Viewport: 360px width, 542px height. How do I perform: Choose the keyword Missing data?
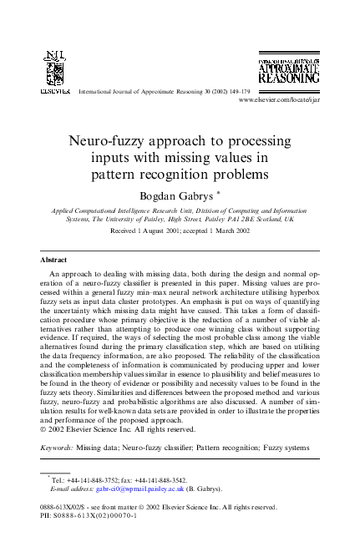[98, 448]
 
